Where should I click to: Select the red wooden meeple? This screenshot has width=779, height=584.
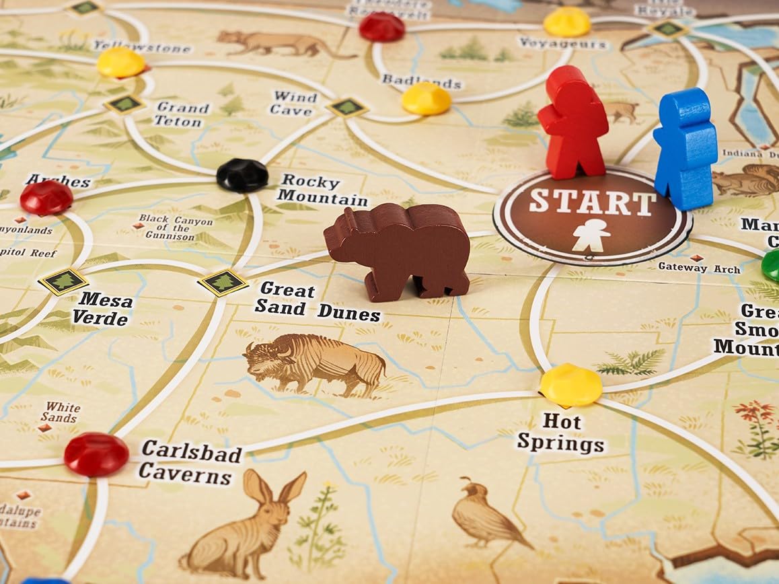pyautogui.click(x=573, y=124)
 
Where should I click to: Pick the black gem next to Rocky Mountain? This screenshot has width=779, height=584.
pyautogui.click(x=242, y=176)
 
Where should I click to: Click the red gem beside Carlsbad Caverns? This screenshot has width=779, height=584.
pyautogui.click(x=96, y=454)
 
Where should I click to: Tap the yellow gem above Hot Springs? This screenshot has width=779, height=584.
pyautogui.click(x=570, y=385)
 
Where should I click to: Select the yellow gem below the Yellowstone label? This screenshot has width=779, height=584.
pyautogui.click(x=121, y=63)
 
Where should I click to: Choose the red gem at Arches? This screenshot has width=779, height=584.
pyautogui.click(x=46, y=198)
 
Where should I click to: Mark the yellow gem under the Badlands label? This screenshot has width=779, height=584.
pyautogui.click(x=426, y=99)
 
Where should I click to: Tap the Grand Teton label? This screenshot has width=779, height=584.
pyautogui.click(x=181, y=114)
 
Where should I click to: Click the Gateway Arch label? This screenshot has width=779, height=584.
pyautogui.click(x=699, y=268)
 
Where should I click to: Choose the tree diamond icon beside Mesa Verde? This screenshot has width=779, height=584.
pyautogui.click(x=63, y=282)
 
